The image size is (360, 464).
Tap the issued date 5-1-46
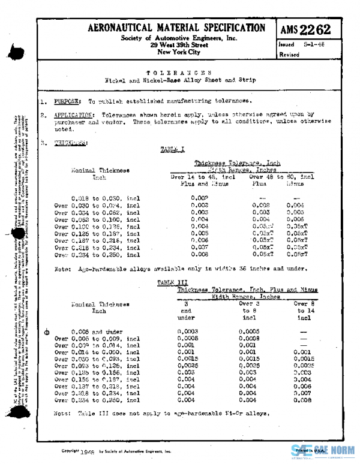click(x=315, y=44)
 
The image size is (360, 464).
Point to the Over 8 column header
click(x=304, y=304)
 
